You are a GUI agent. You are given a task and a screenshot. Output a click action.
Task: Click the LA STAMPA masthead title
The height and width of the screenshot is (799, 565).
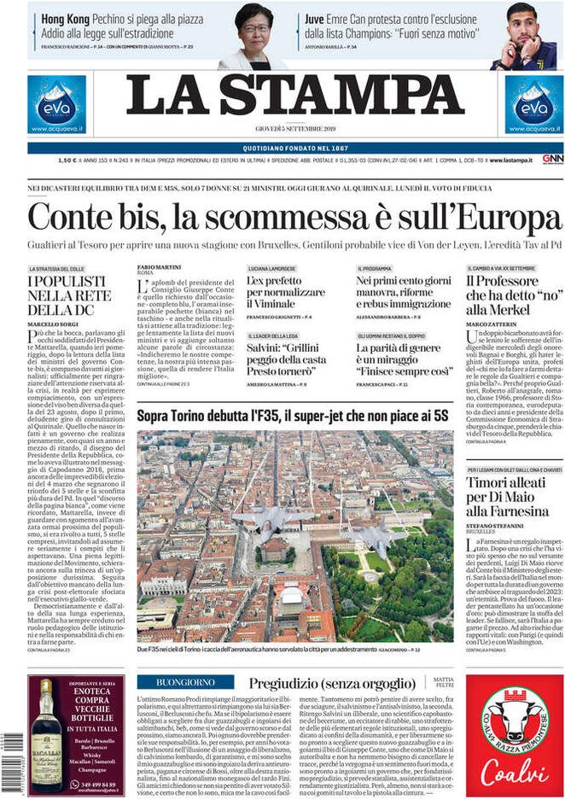295,96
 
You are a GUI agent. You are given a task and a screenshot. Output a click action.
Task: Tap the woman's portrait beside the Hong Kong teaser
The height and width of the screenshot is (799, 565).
253,36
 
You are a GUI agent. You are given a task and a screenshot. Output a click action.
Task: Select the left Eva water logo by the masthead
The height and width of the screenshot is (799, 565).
56,103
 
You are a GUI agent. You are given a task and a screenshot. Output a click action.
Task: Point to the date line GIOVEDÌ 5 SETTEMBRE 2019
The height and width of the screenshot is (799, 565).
295,128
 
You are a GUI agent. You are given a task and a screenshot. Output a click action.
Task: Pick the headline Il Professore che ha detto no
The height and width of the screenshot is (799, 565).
510,295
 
